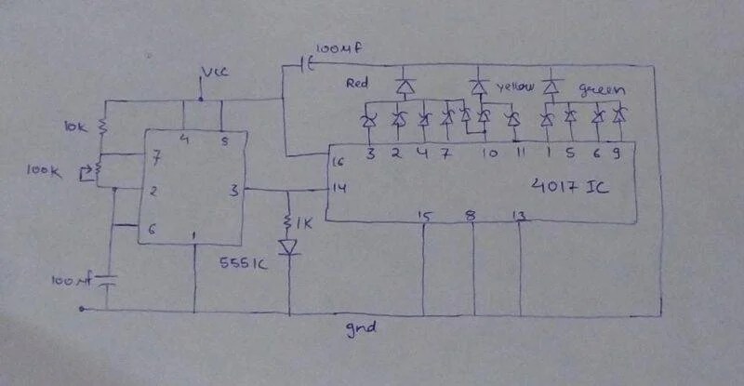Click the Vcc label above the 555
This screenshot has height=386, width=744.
[213, 72]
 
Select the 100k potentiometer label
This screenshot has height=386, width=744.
[69, 171]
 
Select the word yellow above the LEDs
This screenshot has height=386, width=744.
[517, 86]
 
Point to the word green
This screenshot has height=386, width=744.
[601, 90]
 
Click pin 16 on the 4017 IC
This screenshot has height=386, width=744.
[338, 162]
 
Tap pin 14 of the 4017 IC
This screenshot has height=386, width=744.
[338, 189]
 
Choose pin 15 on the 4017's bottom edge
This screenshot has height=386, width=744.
[425, 217]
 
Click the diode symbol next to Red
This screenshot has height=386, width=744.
[404, 87]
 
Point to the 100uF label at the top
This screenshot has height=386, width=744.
[334, 48]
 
